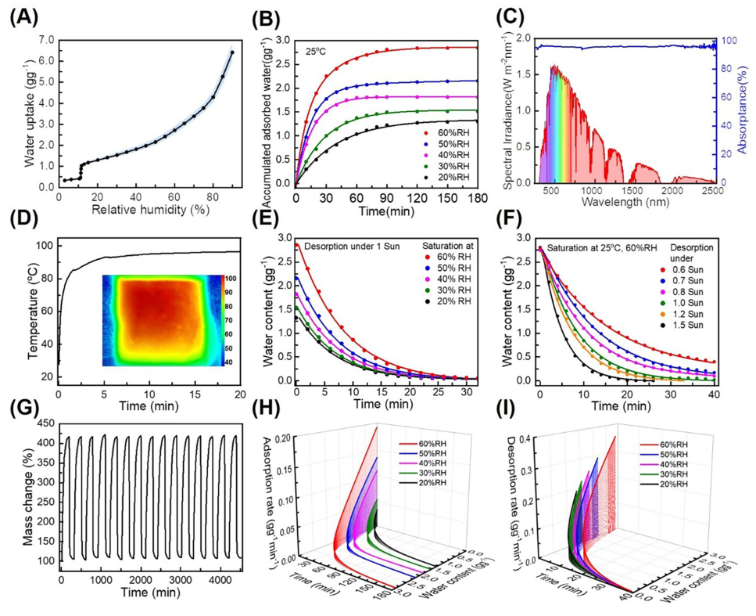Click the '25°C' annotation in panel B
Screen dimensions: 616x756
pyautogui.click(x=317, y=52)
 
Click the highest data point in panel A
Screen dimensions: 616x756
pyautogui.click(x=232, y=52)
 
